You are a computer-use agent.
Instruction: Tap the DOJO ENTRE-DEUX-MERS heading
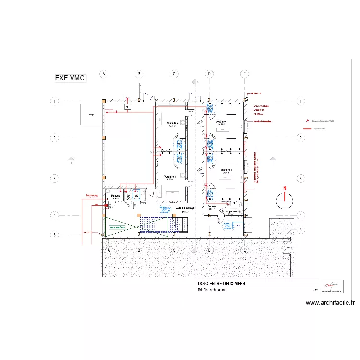[221, 284]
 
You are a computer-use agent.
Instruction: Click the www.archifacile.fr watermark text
[330, 303]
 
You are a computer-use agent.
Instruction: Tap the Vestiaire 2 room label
[226, 170]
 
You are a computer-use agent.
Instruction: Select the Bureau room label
[212, 206]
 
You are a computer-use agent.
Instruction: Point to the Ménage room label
[115, 196]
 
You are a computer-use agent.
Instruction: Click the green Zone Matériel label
[117, 228]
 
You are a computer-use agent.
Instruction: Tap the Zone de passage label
[185, 208]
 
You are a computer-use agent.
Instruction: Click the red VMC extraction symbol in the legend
[306, 121]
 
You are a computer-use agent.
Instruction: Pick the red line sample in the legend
[306, 129]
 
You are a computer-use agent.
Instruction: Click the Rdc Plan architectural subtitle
[212, 290]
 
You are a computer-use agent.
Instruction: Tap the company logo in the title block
[331, 286]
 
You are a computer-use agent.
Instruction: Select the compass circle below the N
[285, 197]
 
